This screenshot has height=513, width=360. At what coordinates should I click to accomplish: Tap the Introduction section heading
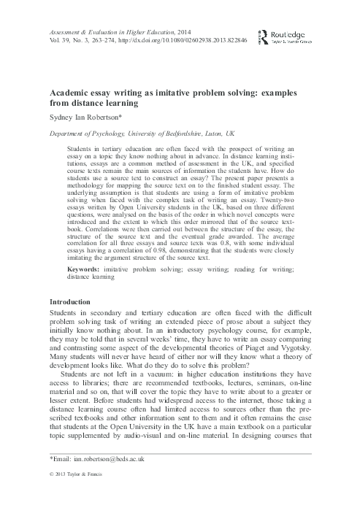pyautogui.click(x=70, y=322)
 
